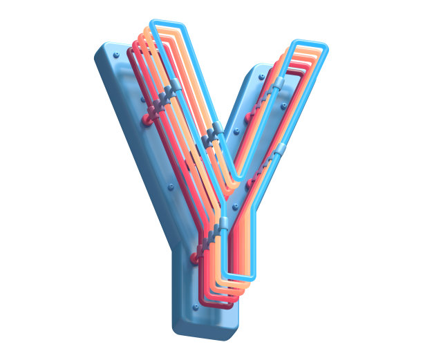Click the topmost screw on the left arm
117,55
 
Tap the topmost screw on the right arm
261,77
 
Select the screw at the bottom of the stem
196,307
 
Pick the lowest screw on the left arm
171,187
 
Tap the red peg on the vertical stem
195,258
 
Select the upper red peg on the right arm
248,117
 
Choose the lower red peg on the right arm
250,183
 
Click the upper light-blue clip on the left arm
176,84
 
